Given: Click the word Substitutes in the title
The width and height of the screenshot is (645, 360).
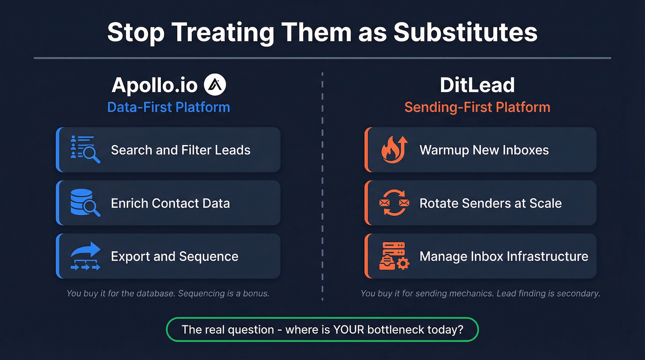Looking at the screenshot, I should pyautogui.click(x=466, y=32).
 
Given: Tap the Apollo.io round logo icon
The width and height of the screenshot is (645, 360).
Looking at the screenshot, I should pyautogui.click(x=215, y=85).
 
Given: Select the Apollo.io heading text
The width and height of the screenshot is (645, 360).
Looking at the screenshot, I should pyautogui.click(x=154, y=85).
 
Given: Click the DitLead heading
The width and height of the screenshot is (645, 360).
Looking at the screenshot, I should pyautogui.click(x=477, y=85).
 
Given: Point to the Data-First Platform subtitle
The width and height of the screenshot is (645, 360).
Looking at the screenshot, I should pyautogui.click(x=168, y=107).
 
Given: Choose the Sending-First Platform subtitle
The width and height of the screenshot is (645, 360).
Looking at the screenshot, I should pyautogui.click(x=477, y=107).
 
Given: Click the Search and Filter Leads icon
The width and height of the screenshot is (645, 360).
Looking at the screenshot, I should pyautogui.click(x=85, y=150).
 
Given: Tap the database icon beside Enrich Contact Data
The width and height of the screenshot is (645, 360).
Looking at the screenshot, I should pyautogui.click(x=85, y=203).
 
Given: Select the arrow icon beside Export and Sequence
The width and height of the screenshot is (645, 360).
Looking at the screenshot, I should pyautogui.click(x=86, y=256).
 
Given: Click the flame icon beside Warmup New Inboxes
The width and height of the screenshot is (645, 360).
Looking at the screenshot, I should pyautogui.click(x=394, y=150).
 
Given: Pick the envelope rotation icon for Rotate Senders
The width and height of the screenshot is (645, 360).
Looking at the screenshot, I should pyautogui.click(x=394, y=203).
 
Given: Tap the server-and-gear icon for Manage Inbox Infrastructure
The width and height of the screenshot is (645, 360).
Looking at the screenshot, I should pyautogui.click(x=394, y=256).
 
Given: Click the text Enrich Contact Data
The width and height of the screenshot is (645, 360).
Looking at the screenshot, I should pyautogui.click(x=170, y=203).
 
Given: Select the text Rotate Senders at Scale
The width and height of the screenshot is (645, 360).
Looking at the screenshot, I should pyautogui.click(x=490, y=203).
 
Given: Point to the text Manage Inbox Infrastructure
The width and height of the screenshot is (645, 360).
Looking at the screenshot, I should pyautogui.click(x=504, y=256).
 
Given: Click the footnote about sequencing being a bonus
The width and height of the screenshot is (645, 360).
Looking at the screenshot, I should pyautogui.click(x=168, y=293).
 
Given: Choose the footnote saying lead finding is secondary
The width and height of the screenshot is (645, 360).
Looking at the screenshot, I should pyautogui.click(x=480, y=293).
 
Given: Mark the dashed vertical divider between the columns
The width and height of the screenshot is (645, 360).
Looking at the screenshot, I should pyautogui.click(x=322, y=184).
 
